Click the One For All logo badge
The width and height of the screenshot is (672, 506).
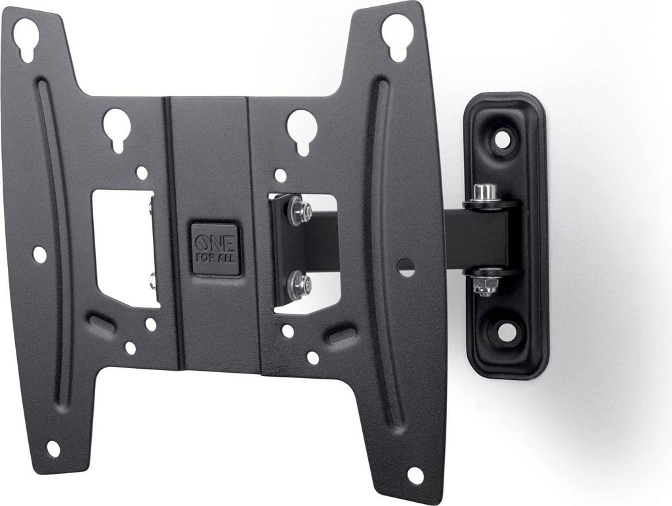tap(215, 249)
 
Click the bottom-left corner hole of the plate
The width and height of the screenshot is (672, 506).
tap(53, 449)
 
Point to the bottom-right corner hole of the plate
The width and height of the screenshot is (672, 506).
tap(415, 474)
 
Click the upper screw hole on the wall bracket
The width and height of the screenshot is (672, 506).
tap(503, 139)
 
